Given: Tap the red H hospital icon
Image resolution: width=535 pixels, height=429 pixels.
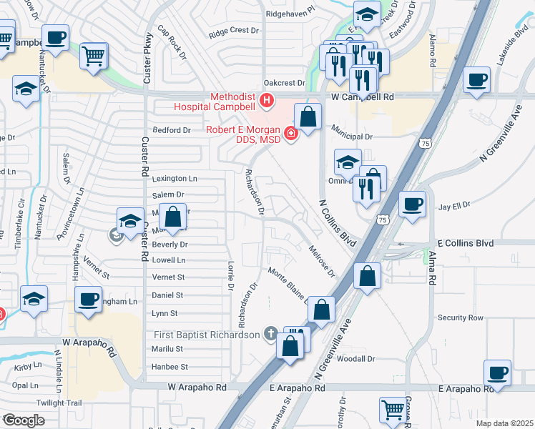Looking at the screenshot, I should click(267, 101).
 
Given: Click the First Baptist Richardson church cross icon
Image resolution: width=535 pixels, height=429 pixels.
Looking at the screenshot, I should click(270, 332).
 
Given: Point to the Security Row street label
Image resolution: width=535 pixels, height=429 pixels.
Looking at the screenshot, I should click(461, 317).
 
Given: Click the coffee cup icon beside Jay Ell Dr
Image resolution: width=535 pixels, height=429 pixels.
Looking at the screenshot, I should click(412, 204).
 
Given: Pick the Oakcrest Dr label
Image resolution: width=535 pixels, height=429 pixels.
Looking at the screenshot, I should click(284, 83).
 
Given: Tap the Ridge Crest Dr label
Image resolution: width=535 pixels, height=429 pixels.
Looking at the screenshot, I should click(233, 31).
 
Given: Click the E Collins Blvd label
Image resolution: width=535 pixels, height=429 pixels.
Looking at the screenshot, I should click(465, 243).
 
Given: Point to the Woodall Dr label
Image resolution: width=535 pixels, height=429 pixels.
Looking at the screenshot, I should click(355, 359).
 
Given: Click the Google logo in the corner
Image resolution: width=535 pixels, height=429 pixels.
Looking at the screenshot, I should click(23, 420).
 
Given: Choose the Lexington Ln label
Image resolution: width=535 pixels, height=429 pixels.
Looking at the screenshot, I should click(174, 178).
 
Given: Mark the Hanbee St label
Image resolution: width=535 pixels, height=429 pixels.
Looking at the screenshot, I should click(169, 367).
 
